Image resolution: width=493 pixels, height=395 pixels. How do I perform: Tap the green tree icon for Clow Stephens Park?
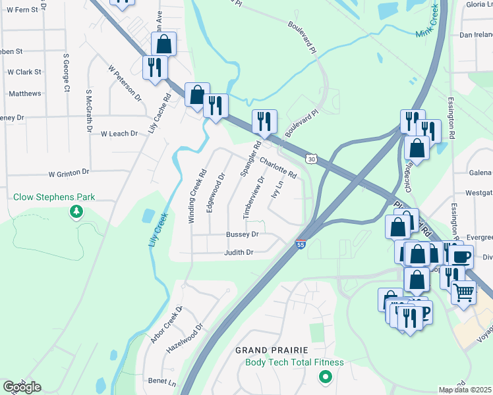[x=77, y=212]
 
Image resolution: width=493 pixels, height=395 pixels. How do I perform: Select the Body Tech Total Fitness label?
[x=295, y=362]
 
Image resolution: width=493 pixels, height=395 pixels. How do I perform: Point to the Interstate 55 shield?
[x=301, y=244]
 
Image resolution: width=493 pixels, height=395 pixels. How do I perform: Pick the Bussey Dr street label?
[x=242, y=234]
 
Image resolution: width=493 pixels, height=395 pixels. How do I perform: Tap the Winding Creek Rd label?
[x=196, y=196]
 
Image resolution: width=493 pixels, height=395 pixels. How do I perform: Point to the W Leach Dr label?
[x=119, y=134]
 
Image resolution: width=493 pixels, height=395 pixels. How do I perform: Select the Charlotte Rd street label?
[x=277, y=169]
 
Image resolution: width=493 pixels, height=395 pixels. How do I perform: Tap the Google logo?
[x=22, y=387]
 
